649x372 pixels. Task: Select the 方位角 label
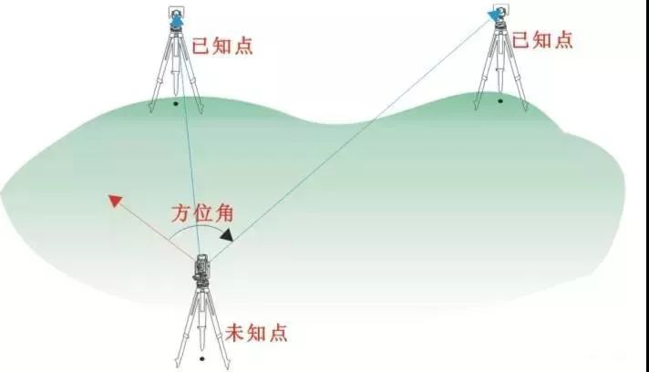[x=202, y=215]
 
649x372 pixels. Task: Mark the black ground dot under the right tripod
[x=500, y=100]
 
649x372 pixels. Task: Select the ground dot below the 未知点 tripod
[x=201, y=358]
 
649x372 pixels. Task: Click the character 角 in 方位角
[x=223, y=215]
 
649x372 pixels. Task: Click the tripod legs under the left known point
[x=176, y=73]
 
